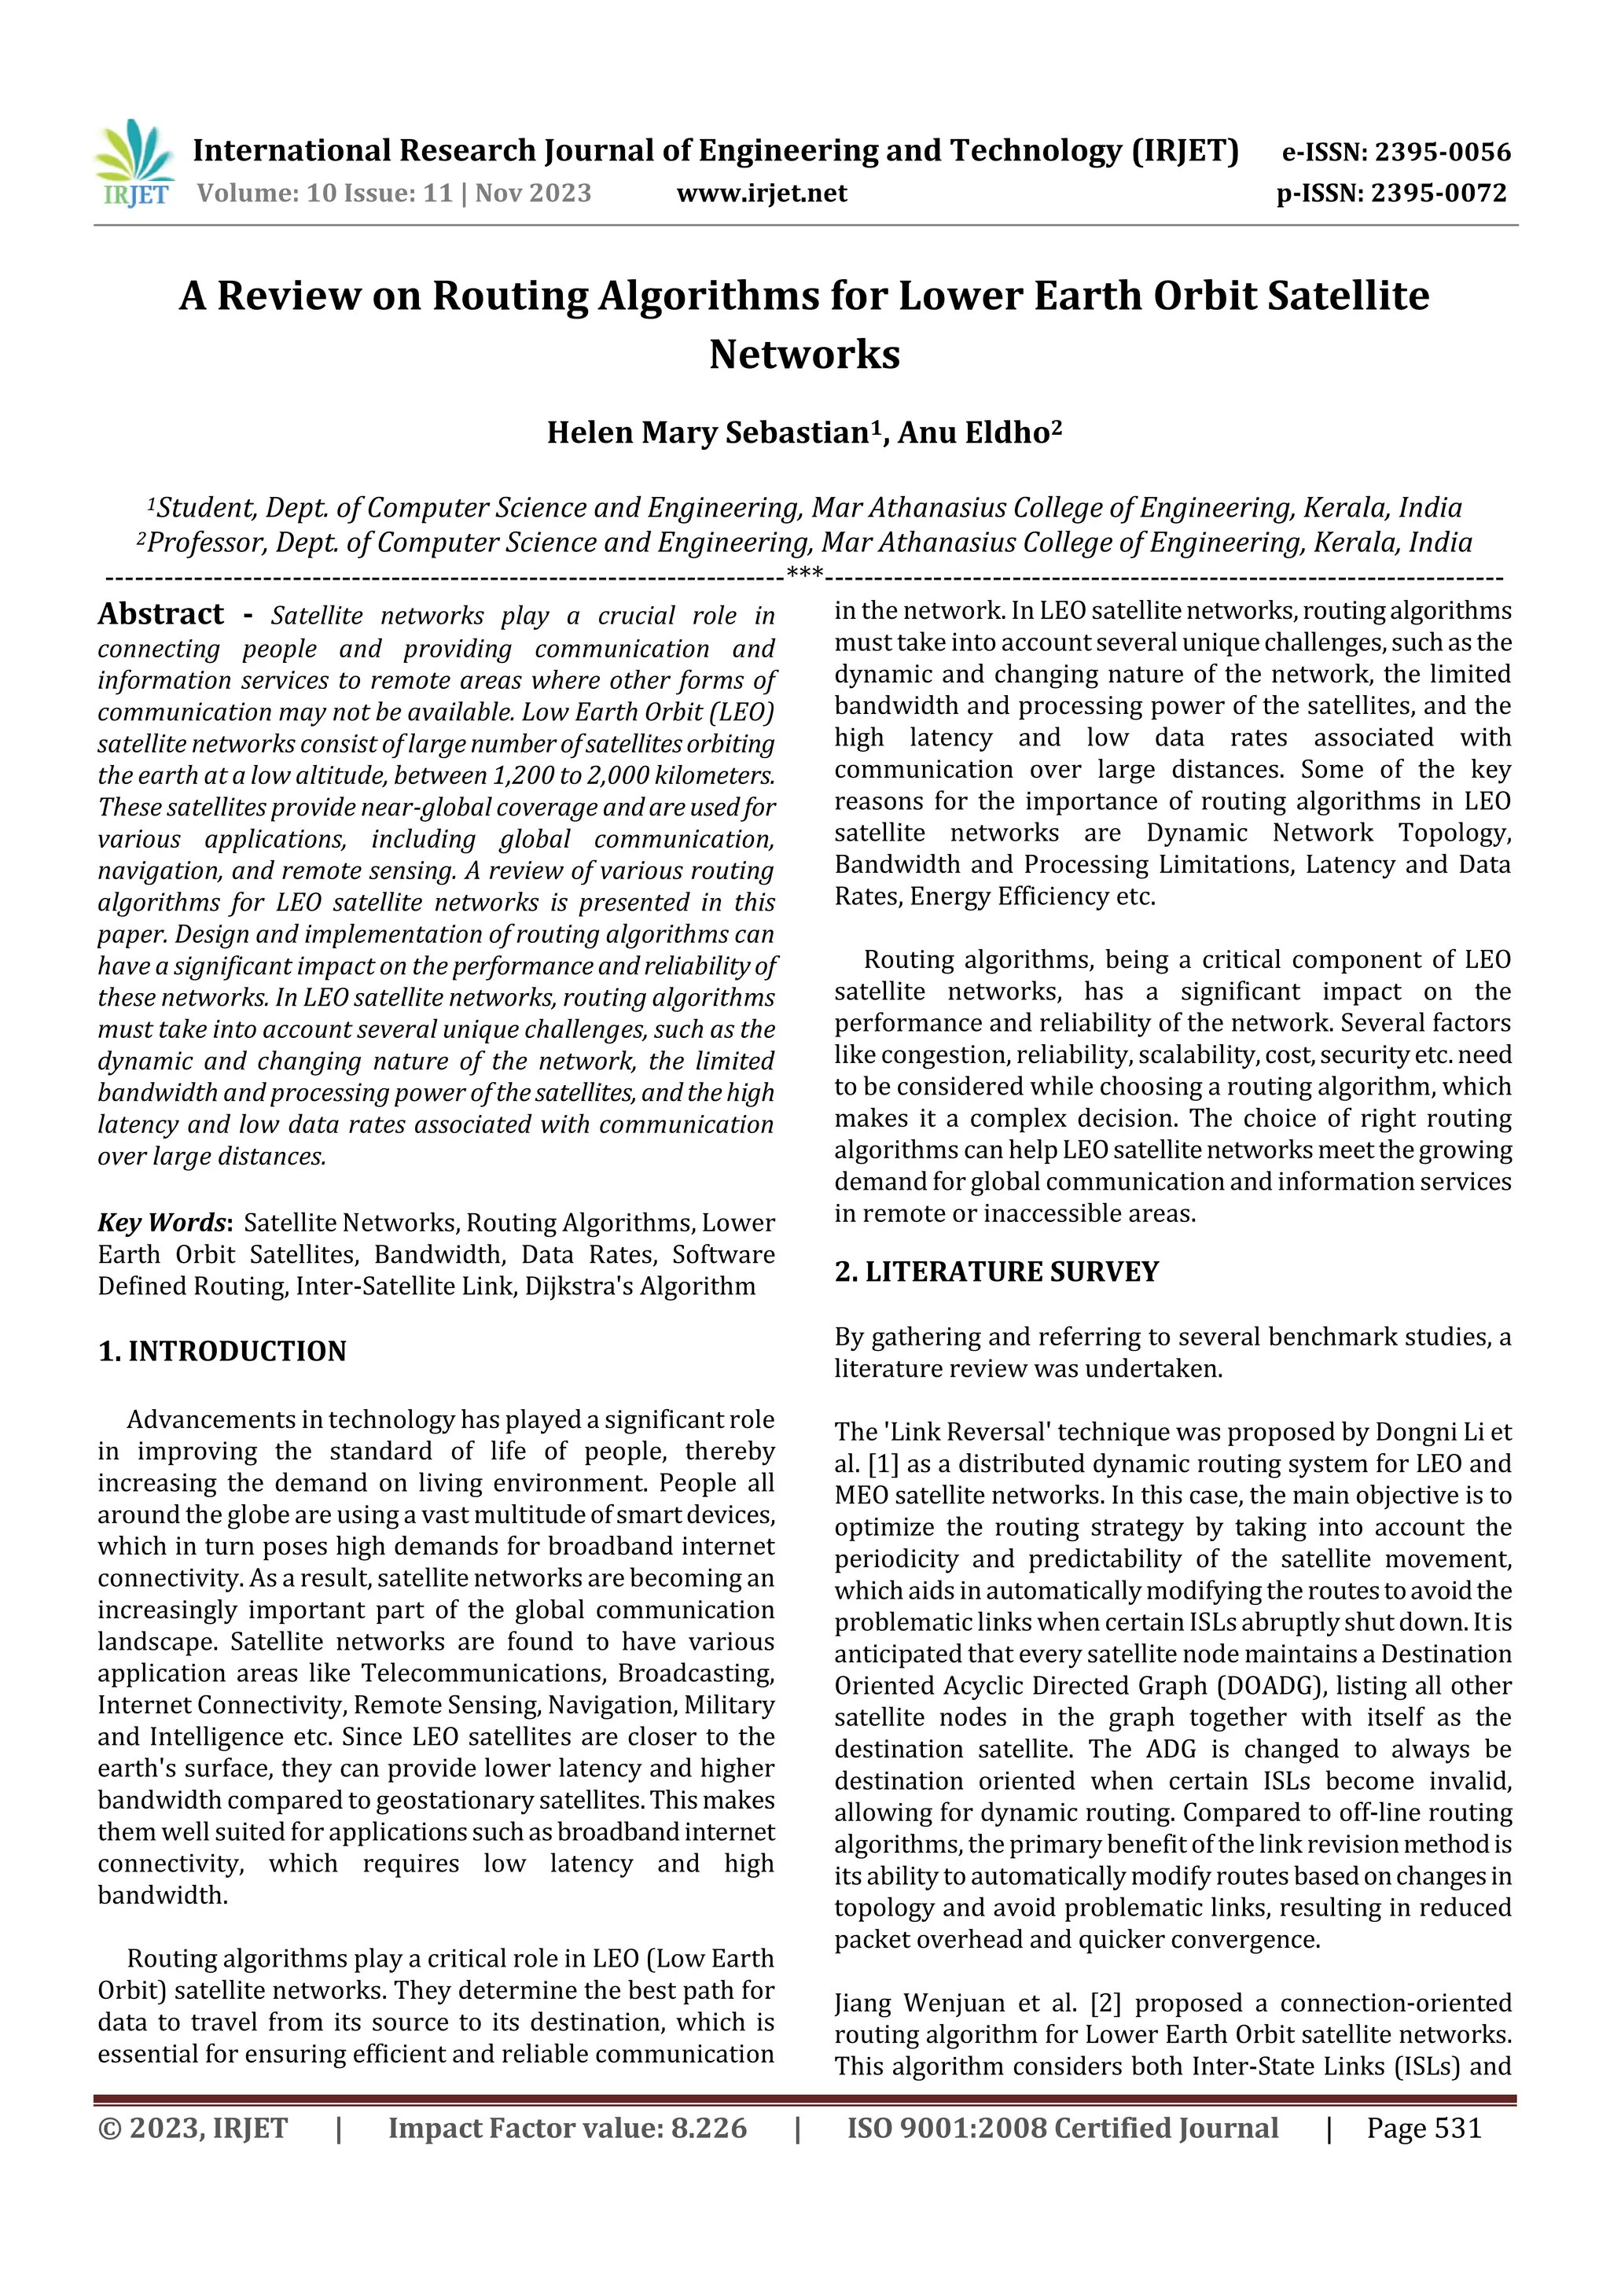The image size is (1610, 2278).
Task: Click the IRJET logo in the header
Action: tap(134, 164)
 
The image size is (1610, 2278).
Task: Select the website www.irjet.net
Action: tap(761, 193)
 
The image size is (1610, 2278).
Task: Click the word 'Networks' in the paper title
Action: tap(804, 354)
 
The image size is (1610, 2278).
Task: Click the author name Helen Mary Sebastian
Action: tap(708, 432)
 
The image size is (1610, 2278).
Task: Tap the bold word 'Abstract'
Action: tap(160, 614)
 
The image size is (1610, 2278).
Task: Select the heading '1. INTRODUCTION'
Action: tap(222, 1352)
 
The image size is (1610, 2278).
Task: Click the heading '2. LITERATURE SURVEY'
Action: tap(996, 1272)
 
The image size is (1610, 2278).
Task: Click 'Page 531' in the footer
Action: tap(1424, 2127)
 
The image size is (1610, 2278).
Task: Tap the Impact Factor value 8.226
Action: tap(708, 2127)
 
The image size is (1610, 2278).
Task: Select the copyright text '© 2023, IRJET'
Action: tap(193, 2127)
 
